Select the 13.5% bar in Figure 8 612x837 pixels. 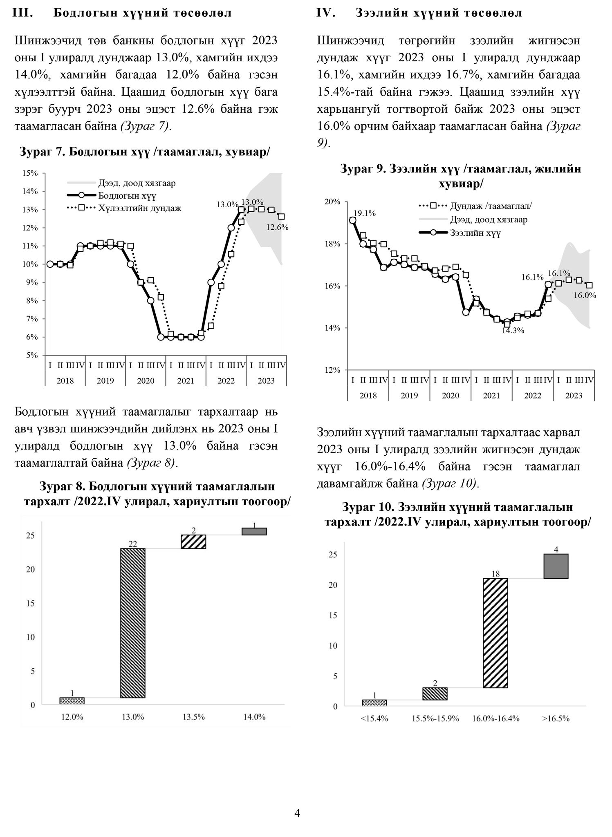point(193,542)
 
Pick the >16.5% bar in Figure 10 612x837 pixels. point(556,566)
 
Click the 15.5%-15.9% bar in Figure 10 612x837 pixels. point(435,694)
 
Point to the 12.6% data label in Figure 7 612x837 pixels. point(278,227)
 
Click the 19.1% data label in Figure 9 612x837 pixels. point(364,213)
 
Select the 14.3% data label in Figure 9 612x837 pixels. point(513,331)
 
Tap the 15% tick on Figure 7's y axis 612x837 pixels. point(30,173)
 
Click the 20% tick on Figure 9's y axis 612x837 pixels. point(332,201)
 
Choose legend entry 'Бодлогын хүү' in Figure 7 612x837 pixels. point(127,196)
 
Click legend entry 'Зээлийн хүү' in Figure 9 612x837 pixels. point(475,233)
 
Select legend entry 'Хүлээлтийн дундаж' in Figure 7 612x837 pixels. point(139,208)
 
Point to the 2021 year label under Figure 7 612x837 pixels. point(186,381)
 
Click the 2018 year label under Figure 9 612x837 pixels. point(368,396)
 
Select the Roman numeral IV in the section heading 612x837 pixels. point(326,13)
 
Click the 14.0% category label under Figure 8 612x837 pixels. point(254,728)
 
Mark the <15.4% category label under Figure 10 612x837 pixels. point(374,730)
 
